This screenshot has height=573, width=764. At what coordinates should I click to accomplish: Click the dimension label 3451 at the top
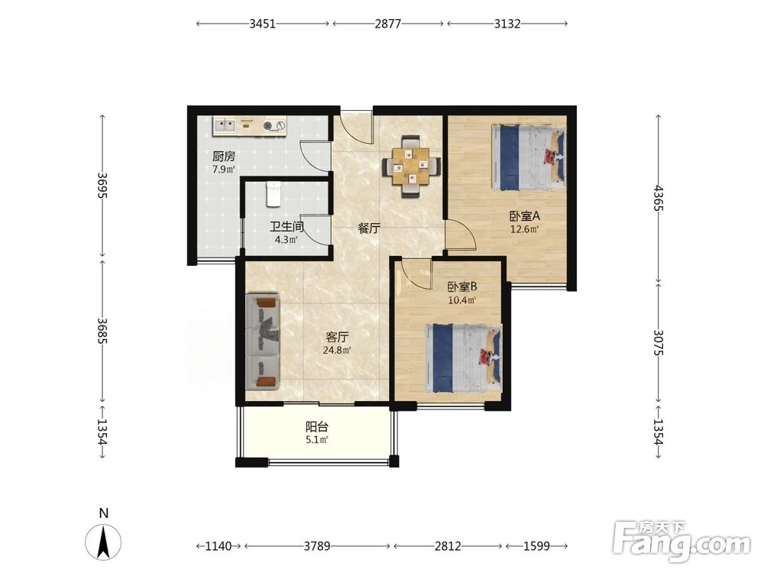click(x=262, y=24)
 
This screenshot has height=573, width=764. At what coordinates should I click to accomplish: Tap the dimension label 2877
click(x=388, y=24)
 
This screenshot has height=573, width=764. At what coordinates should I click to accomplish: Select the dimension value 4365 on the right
click(x=659, y=198)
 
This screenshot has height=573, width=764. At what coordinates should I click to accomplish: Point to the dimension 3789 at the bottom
click(x=317, y=545)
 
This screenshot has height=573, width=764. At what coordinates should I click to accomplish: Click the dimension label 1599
click(x=536, y=545)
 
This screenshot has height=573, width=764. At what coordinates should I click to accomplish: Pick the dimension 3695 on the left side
click(x=102, y=185)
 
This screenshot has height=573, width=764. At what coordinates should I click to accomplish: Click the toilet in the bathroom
click(x=274, y=193)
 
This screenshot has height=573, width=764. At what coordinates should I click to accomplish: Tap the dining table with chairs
click(x=412, y=166)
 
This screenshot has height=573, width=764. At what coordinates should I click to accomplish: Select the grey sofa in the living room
click(x=263, y=342)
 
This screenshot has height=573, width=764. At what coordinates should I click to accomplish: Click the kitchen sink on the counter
click(x=225, y=125)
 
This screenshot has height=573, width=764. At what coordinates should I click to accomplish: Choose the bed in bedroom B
click(x=464, y=358)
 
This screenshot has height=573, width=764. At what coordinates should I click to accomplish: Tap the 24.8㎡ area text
click(x=337, y=350)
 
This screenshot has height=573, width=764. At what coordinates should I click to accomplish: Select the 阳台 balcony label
click(x=317, y=427)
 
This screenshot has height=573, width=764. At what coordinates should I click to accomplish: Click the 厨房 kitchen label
click(x=224, y=157)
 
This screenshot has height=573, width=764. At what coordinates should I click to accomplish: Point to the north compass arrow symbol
click(x=103, y=542)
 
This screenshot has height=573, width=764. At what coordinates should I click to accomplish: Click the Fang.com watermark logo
click(x=682, y=541)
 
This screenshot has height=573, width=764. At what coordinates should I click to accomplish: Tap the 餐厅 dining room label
click(x=369, y=228)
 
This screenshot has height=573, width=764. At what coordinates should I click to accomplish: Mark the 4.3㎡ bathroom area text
click(x=286, y=240)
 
